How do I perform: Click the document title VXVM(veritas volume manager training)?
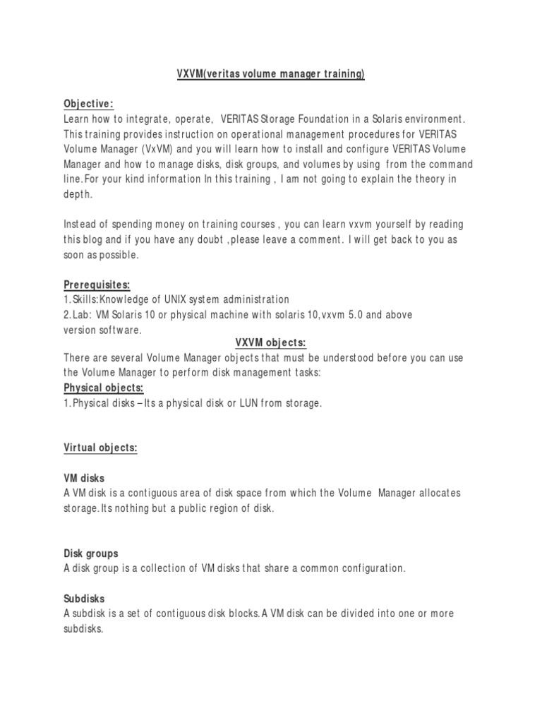(x=270, y=74)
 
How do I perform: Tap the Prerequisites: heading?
(x=97, y=284)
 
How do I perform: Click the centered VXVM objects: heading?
(x=270, y=342)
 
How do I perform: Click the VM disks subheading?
(x=83, y=478)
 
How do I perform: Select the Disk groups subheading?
(x=91, y=553)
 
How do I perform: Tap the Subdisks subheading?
(x=84, y=598)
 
